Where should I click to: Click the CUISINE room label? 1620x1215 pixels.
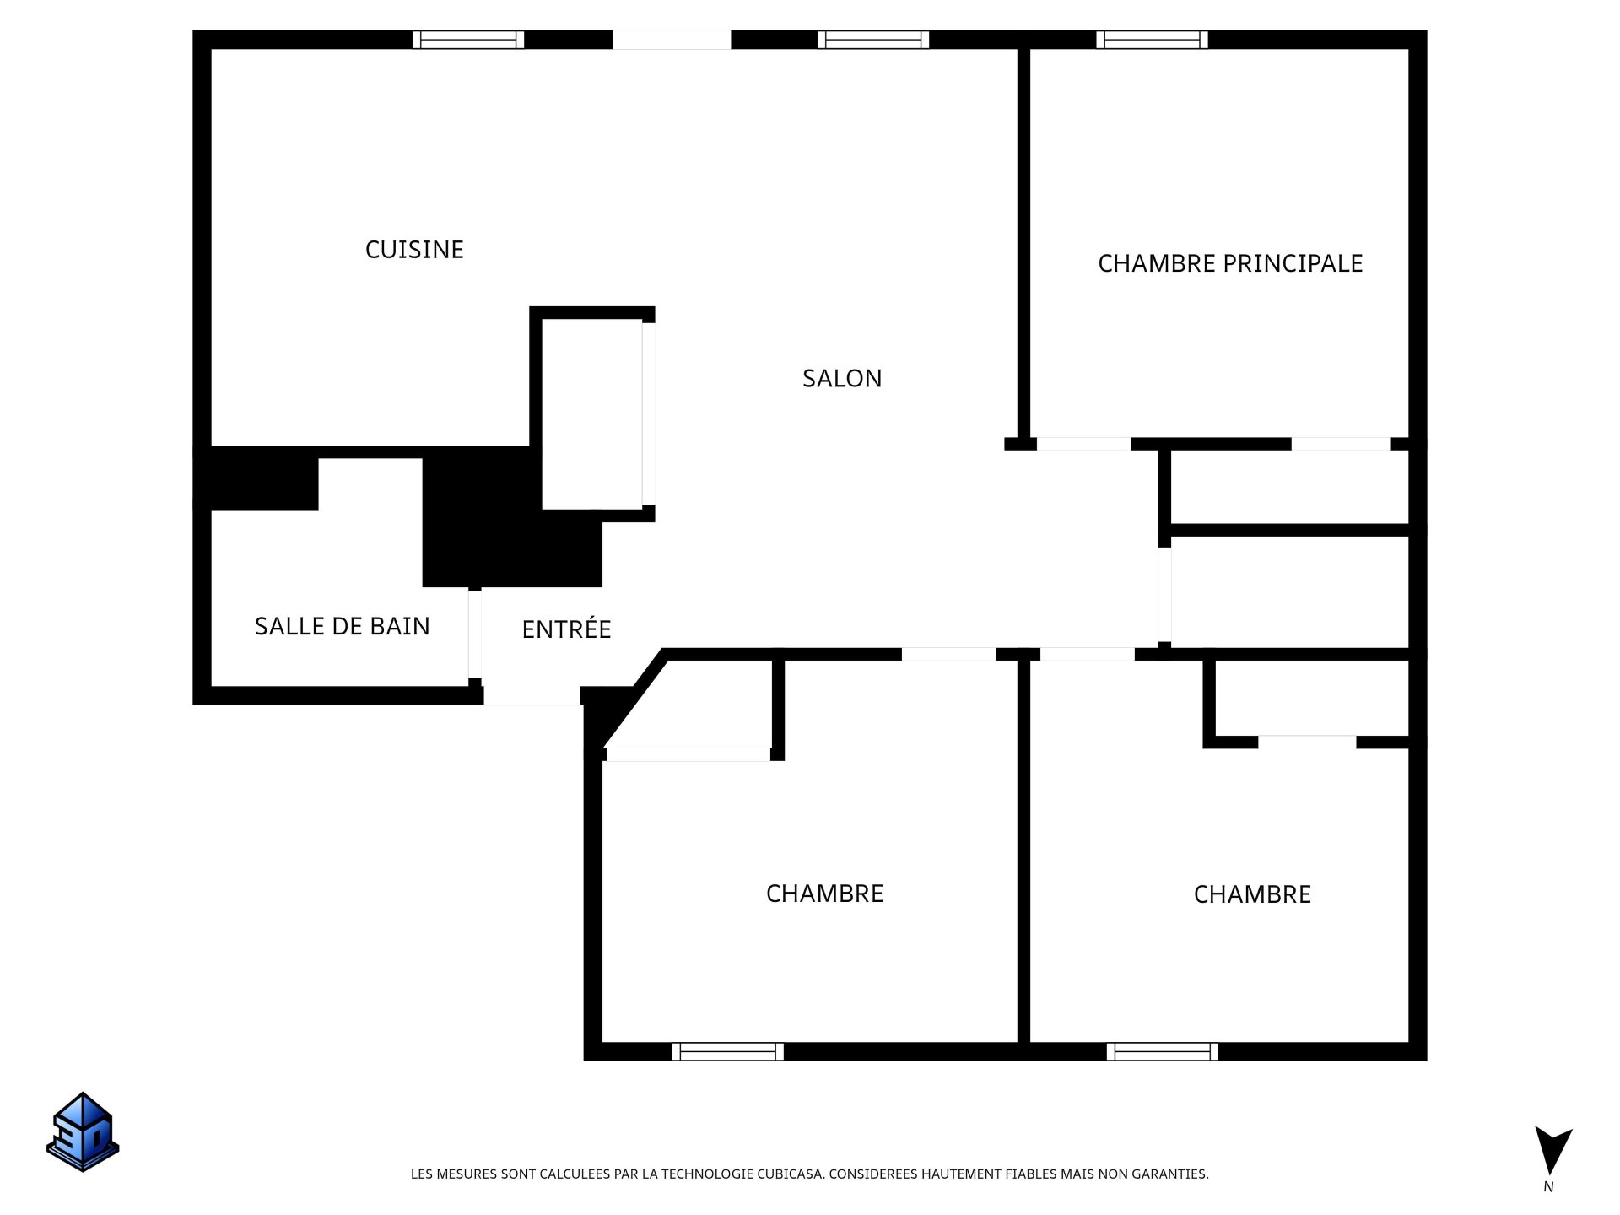click(414, 250)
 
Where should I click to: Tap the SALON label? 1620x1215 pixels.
click(841, 378)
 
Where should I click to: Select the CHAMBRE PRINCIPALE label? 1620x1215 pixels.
click(1229, 263)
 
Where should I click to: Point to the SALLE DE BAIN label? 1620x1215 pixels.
click(342, 626)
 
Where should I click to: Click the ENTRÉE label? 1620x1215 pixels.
click(566, 629)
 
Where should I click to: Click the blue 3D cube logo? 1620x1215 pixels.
click(83, 1131)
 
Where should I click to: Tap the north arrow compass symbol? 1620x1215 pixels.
click(1552, 1149)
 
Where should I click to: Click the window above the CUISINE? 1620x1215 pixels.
click(468, 40)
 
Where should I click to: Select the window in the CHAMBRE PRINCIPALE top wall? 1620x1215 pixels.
click(1152, 40)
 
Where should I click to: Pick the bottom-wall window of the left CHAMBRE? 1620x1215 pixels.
click(727, 1051)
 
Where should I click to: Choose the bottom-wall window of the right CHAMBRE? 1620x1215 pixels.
click(1162, 1051)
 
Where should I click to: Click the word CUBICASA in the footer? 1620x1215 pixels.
click(790, 1174)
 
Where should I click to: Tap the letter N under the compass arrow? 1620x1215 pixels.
click(1548, 1187)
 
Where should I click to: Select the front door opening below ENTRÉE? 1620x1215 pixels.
click(532, 697)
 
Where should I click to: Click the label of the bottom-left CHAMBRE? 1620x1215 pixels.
click(824, 894)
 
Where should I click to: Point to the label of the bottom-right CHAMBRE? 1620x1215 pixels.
click(1252, 894)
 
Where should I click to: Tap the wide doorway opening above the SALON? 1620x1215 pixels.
click(672, 40)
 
